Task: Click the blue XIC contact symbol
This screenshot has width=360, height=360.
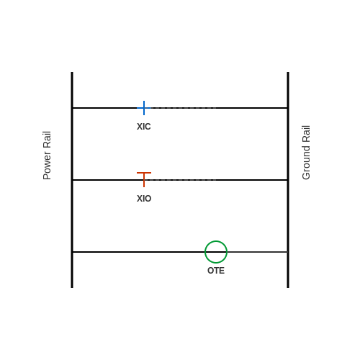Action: [x=144, y=108]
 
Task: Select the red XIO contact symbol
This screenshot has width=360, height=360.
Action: [x=144, y=179]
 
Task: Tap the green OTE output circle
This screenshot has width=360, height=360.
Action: [x=216, y=241]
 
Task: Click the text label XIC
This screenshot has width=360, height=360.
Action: [x=144, y=127]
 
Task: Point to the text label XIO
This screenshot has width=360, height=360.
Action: [x=144, y=199]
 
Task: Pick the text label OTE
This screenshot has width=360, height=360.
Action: [x=216, y=271]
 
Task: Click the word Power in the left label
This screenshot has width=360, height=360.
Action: [x=47, y=166]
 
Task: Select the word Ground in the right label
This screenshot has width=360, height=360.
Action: [x=306, y=163]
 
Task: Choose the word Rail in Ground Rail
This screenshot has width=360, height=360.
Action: [x=306, y=134]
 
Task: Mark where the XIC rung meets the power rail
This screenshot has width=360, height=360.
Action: [x=72, y=108]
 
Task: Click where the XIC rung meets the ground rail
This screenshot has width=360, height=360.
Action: [x=288, y=108]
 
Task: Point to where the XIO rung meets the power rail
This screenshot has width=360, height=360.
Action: [x=72, y=180]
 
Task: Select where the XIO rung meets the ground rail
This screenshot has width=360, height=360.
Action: [x=288, y=180]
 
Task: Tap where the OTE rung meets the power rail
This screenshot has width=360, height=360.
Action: [x=72, y=252]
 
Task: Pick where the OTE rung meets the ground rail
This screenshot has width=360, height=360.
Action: [x=288, y=252]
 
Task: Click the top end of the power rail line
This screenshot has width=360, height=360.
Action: [x=72, y=72]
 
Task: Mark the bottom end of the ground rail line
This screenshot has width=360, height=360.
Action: [x=288, y=287]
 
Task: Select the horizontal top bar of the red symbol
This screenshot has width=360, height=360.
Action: [x=144, y=173]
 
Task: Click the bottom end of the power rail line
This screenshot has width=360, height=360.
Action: [x=72, y=287]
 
